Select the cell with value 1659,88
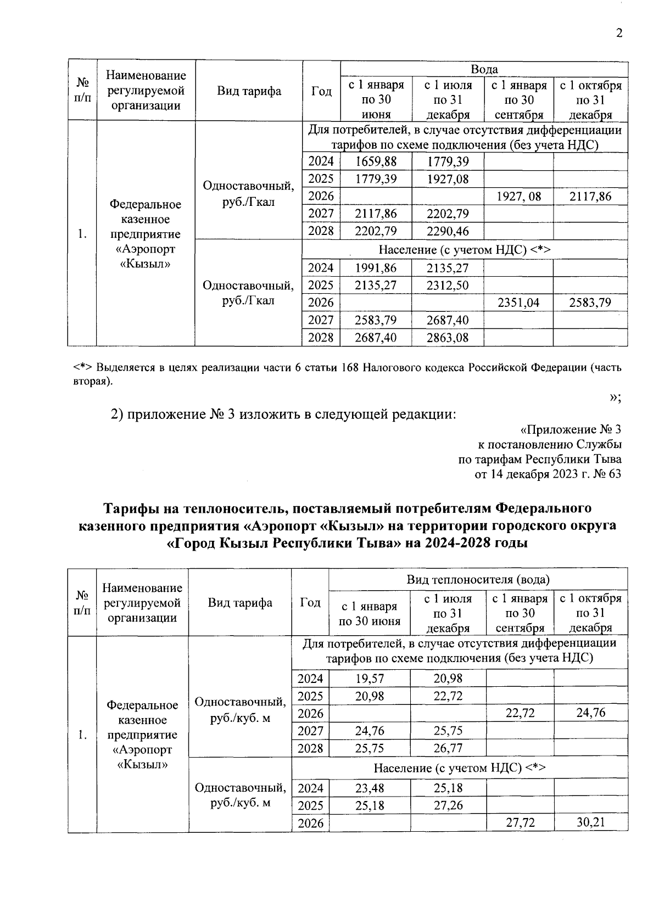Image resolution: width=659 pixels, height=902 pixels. coord(376,161)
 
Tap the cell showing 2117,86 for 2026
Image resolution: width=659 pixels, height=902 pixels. coord(590,197)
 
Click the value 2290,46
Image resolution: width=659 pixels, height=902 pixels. coord(448,231)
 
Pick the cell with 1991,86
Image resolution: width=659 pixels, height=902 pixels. coord(376,268)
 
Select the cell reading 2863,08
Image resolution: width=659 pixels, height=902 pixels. coord(448,338)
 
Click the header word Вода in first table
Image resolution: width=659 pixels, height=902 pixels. coord(484,69)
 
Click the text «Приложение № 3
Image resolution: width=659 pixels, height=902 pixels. coord(571,429)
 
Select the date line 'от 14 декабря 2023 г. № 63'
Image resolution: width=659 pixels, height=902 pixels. coord(548,474)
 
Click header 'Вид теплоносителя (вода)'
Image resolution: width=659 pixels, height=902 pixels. coord(478,579)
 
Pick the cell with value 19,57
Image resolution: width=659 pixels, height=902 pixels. coord(370,679)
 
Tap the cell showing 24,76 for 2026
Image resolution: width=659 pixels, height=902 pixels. coord(590,713)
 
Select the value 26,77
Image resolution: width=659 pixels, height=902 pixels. coord(448,748)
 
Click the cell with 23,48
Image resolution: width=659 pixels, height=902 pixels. coord(370,788)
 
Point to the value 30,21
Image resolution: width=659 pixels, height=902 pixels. coord(590,822)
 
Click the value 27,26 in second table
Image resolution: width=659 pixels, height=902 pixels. coord(448,805)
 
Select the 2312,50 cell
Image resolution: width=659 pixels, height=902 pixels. coord(448,285)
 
